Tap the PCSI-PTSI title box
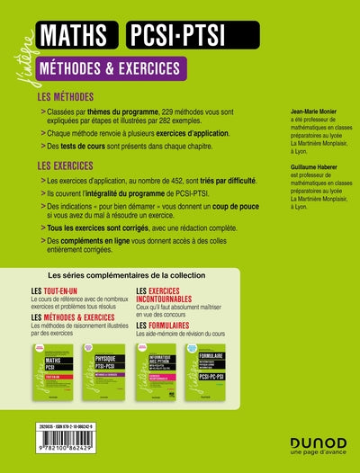click(185, 37)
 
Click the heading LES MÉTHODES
click(69, 96)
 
